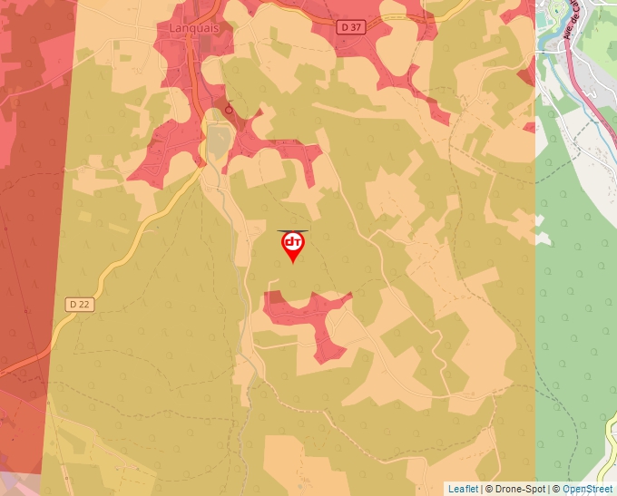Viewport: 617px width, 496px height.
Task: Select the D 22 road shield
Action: click(79, 305)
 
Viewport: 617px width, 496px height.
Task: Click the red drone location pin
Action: click(292, 245)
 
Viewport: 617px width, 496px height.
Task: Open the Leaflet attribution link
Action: click(463, 489)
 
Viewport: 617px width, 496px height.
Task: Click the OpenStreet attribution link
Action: click(589, 489)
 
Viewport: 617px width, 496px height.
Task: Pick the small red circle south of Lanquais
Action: click(229, 110)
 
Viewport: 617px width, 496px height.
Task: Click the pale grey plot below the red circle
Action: click(218, 141)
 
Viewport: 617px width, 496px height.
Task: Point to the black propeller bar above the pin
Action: click(292, 230)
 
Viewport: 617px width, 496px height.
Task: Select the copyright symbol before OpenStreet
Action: click(555, 489)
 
